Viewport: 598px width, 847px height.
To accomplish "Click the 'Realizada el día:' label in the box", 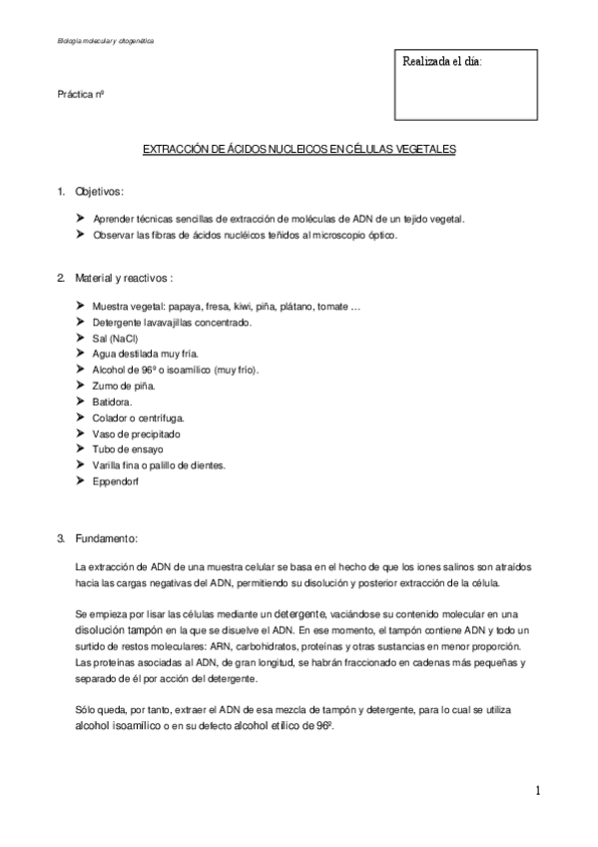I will tap(441, 62).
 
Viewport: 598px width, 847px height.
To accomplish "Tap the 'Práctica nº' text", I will tap(81, 95).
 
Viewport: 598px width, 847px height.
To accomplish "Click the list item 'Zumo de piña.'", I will tap(123, 386).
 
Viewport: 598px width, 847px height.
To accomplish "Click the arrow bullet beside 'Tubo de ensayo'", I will tap(80, 449).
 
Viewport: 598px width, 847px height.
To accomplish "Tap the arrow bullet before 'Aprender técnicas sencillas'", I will tap(80, 218).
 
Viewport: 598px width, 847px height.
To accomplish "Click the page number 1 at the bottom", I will tap(537, 791).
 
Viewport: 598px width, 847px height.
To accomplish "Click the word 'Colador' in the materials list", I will tap(110, 418).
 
